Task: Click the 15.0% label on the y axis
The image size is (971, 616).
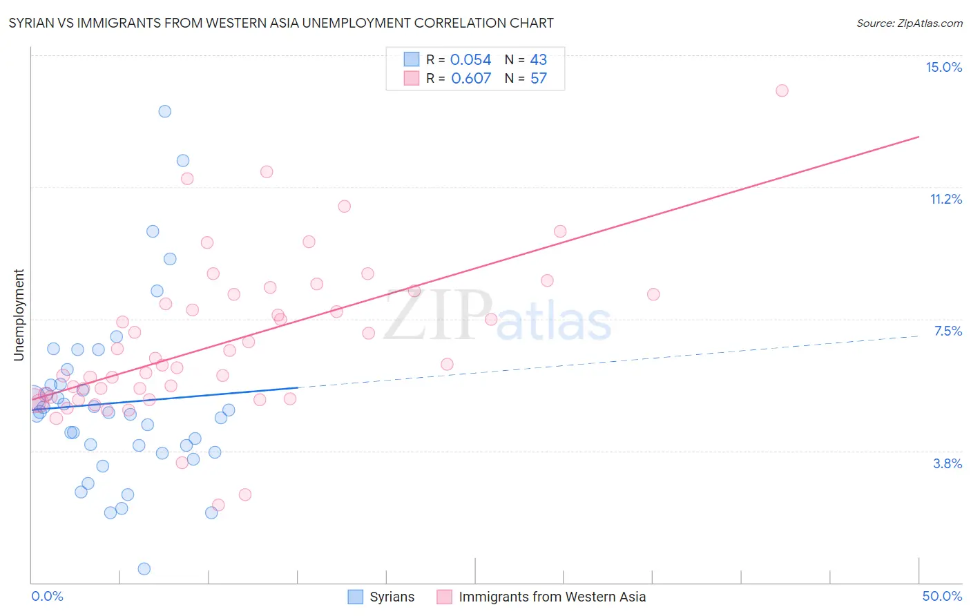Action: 943,67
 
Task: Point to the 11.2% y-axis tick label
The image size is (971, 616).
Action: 945,199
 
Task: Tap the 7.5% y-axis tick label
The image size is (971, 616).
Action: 948,331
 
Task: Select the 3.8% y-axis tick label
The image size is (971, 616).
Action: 948,463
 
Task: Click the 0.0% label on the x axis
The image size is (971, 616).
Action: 47,596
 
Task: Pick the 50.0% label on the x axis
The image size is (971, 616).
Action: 942,596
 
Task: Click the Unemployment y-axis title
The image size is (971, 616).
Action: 19,315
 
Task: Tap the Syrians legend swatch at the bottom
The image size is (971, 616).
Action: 356,597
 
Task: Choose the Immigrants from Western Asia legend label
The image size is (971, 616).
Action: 552,597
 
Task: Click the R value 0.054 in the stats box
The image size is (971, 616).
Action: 470,60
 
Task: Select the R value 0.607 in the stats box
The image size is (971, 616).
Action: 471,78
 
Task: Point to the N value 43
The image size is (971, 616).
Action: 538,60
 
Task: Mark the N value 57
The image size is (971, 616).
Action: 538,78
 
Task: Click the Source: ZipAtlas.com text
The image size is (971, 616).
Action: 909,23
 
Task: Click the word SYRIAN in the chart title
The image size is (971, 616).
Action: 33,23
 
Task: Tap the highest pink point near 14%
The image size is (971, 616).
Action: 782,90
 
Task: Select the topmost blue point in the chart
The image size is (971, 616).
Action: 164,111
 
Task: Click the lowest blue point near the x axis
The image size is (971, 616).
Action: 144,568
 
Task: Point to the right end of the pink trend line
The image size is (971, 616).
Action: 919,137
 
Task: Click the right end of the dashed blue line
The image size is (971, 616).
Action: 919,336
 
